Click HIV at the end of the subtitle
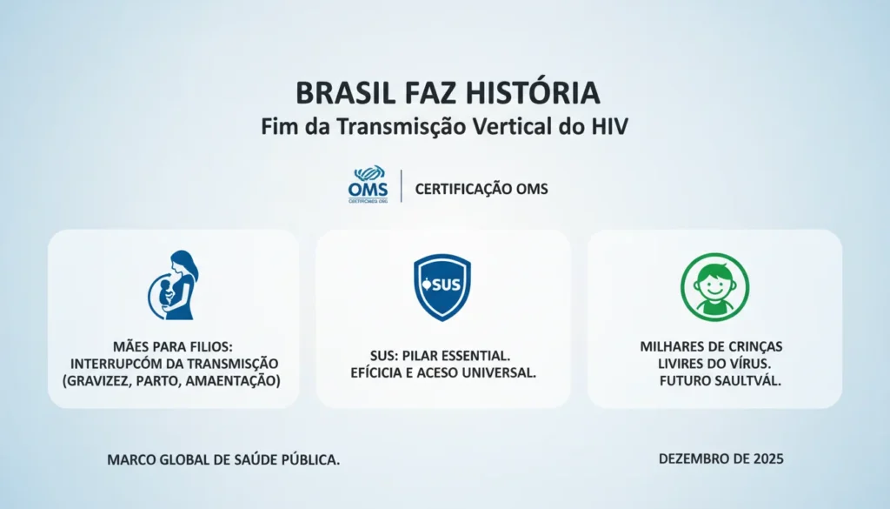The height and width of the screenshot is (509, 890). click(x=608, y=125)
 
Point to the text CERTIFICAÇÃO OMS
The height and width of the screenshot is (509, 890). click(x=482, y=188)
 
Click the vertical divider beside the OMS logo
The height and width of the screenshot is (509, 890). click(x=402, y=187)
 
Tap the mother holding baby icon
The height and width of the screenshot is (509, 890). click(x=174, y=285)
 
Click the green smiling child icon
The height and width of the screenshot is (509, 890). click(x=714, y=286)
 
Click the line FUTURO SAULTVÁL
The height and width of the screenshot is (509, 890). click(x=714, y=380)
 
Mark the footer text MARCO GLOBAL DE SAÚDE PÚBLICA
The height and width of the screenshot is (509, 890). click(x=224, y=459)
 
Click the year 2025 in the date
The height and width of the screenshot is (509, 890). click(x=767, y=458)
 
